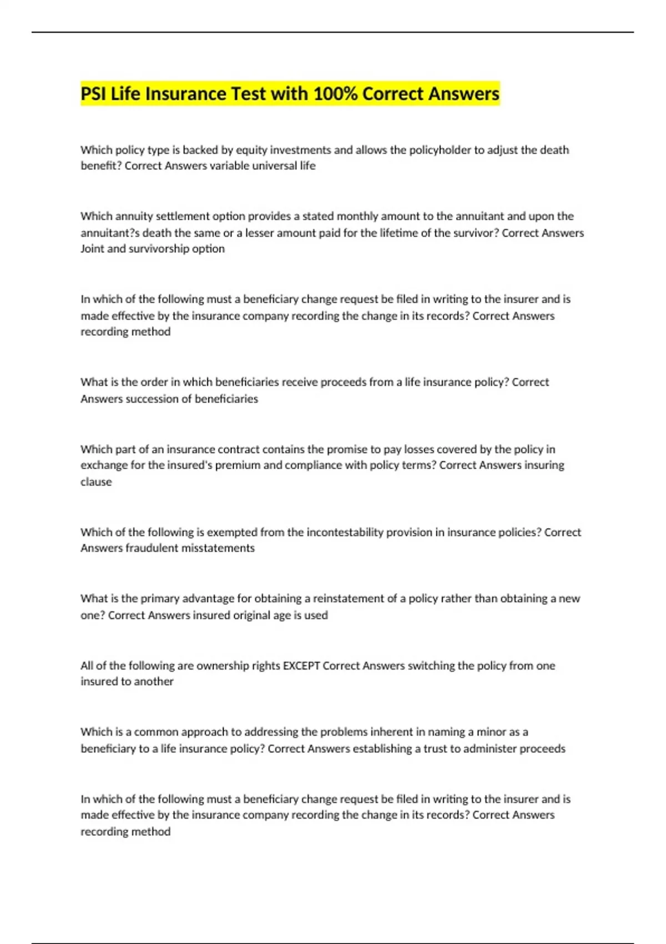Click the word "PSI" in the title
pyautogui.click(x=93, y=94)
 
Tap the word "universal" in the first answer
pyautogui.click(x=275, y=166)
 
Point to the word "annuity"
pyautogui.click(x=132, y=216)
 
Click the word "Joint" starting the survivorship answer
pyautogui.click(x=92, y=249)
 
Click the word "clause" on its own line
pyautogui.click(x=96, y=482)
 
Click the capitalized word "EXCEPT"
pyautogui.click(x=301, y=665)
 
